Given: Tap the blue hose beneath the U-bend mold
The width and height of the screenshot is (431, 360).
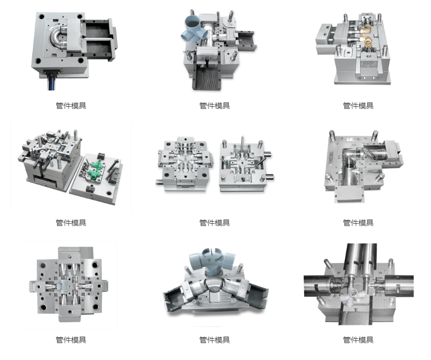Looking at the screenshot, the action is [x=52, y=83].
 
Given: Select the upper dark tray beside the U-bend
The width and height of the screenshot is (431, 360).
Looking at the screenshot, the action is [x=98, y=29].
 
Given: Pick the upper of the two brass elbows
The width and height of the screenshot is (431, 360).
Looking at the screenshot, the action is [x=366, y=30].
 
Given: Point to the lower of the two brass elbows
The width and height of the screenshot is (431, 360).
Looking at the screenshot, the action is [x=366, y=41].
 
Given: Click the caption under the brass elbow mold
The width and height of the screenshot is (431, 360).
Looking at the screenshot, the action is [x=358, y=106].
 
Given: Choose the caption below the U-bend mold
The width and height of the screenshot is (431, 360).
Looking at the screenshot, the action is [x=71, y=106].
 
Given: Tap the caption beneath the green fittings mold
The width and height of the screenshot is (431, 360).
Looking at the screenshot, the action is [x=71, y=223].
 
